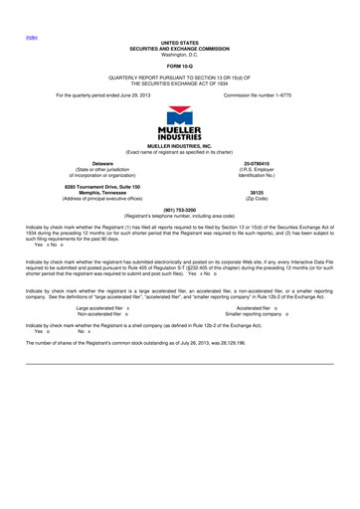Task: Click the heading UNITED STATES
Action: pos(180,42)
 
